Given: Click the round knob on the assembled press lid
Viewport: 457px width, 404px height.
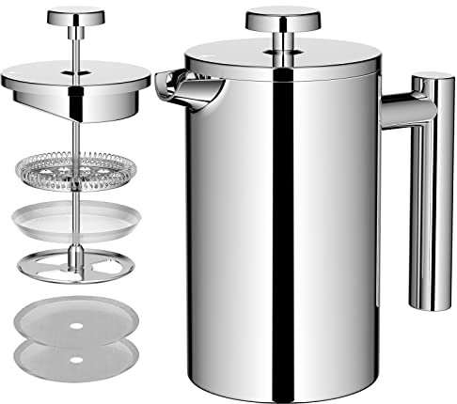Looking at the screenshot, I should pos(281,19).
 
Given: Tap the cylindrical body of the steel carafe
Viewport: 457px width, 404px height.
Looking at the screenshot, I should pos(282,225).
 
